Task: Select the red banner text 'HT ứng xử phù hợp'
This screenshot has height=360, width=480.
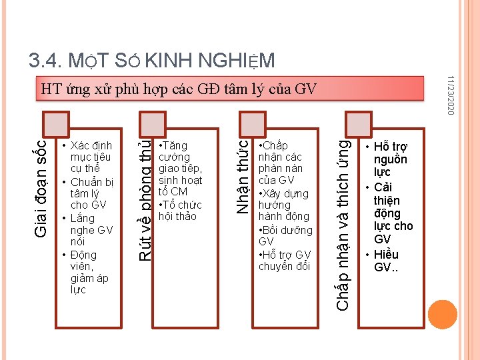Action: (179, 89)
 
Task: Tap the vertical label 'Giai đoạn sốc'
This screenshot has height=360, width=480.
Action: (41, 187)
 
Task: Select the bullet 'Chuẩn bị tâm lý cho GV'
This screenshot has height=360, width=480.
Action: (92, 194)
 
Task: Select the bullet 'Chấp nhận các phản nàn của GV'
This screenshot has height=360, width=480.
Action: (281, 163)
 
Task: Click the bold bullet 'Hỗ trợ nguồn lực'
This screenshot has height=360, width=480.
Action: (390, 159)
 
